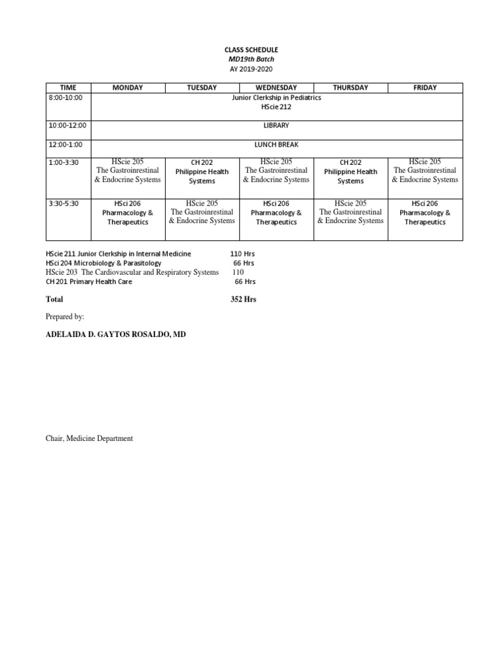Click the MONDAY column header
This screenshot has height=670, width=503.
click(128, 88)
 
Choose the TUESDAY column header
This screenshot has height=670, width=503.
click(202, 88)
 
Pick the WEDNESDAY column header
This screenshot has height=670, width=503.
click(276, 88)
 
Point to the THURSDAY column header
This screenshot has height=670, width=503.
click(350, 88)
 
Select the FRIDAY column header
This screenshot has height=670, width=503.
click(425, 88)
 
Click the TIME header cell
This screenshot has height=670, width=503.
click(68, 88)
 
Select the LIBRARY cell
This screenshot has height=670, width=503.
click(276, 125)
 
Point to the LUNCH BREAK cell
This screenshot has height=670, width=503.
click(276, 145)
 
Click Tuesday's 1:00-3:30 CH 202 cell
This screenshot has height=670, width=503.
click(202, 171)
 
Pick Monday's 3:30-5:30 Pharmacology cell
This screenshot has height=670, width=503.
click(128, 213)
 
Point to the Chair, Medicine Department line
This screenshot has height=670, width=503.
click(89, 438)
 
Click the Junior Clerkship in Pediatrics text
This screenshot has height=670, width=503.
click(276, 97)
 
